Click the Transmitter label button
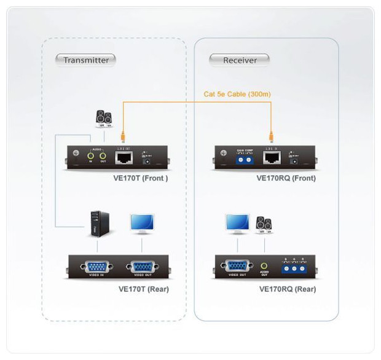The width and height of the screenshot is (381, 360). point(86,60)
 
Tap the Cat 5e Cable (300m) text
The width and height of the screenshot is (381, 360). point(237,94)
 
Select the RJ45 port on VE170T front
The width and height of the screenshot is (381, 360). point(123,158)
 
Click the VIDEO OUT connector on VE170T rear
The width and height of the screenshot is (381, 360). point(141,267)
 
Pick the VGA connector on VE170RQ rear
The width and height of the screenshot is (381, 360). point(237,267)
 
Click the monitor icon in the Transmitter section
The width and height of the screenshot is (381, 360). point(142,224)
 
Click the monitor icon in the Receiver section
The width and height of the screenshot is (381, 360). point(237,224)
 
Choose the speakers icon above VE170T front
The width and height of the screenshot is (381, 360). point(103,118)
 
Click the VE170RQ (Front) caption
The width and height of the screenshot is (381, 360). point(286,179)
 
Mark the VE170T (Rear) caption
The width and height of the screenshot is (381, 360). point(143,289)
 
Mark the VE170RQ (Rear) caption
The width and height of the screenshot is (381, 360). point(288,289)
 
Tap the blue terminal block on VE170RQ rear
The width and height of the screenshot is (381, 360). point(294,268)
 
